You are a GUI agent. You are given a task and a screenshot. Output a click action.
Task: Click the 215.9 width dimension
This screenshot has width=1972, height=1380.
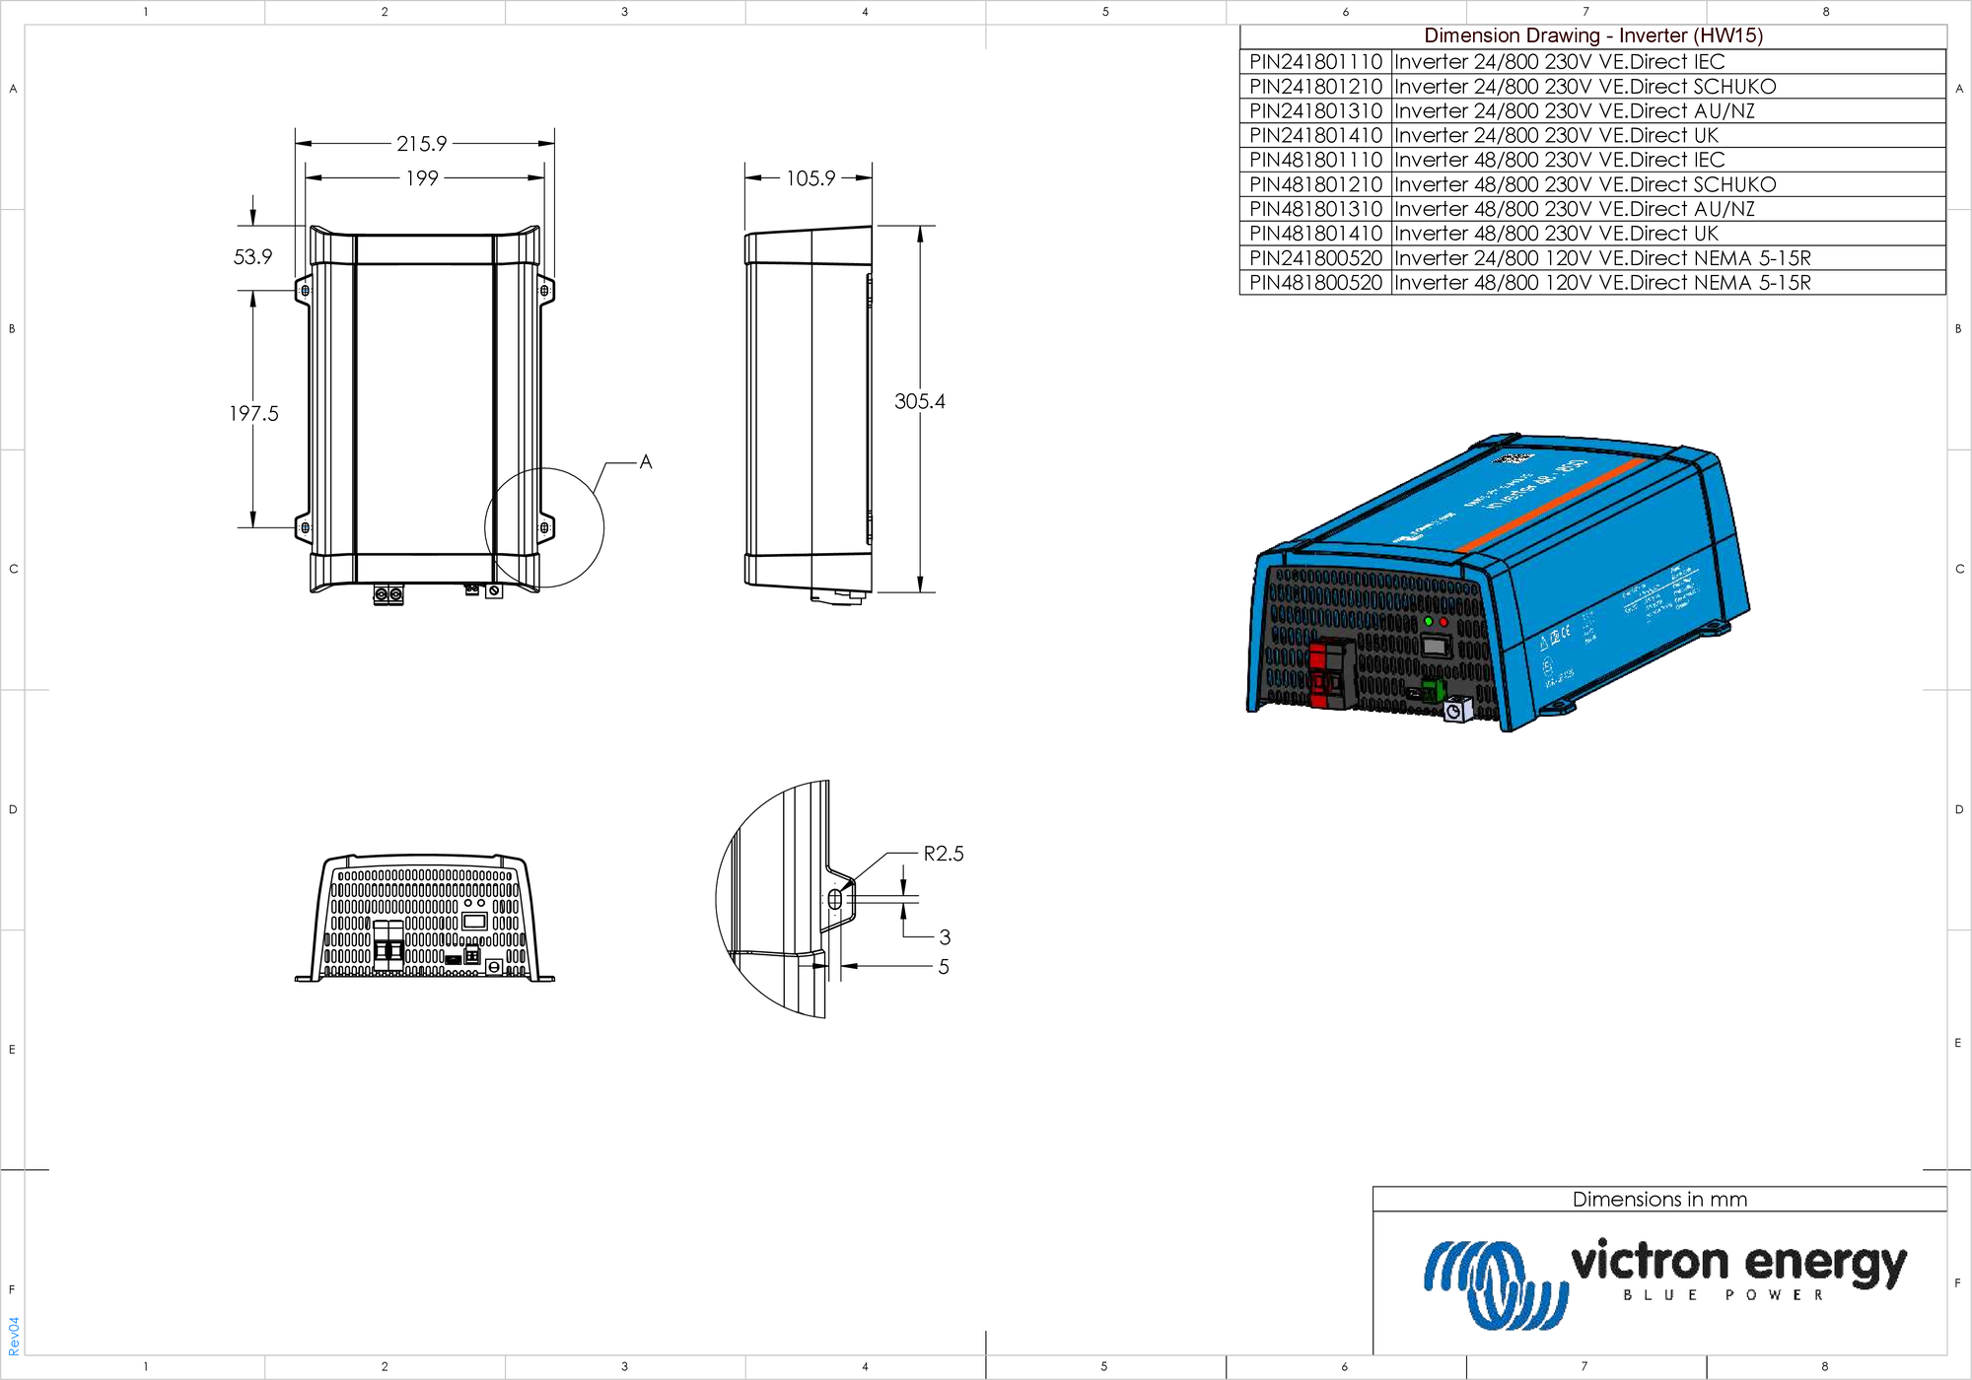tap(422, 144)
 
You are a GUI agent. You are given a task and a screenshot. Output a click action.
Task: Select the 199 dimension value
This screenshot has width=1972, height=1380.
tap(422, 178)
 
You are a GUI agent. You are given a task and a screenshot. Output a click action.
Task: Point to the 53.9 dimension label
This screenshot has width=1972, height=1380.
tap(252, 257)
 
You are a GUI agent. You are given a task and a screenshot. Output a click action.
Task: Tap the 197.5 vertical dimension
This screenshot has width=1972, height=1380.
tap(253, 414)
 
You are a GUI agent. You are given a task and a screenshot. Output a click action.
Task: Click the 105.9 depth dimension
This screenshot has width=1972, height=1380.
tap(810, 178)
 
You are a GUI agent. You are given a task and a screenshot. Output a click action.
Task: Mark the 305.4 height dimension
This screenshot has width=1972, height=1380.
tap(919, 401)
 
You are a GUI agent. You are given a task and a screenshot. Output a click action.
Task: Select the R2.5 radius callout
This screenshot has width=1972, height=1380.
tap(943, 854)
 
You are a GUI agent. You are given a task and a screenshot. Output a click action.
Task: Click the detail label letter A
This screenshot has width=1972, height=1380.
tap(646, 461)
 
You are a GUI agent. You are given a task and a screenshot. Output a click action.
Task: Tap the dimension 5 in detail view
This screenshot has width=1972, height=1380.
tap(944, 967)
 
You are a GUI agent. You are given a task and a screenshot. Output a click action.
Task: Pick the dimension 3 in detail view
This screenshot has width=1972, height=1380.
tap(945, 937)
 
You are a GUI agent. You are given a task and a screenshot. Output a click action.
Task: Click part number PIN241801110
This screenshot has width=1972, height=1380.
tap(1315, 62)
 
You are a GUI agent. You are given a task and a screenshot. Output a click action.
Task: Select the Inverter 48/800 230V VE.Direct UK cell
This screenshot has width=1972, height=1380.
tap(1556, 234)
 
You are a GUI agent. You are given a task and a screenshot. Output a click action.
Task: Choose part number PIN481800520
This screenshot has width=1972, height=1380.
tap(1315, 283)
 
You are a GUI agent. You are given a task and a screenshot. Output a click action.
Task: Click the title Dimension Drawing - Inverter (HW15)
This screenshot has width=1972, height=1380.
tap(1592, 35)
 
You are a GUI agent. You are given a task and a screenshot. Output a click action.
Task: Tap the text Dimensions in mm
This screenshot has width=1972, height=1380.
tap(1659, 1200)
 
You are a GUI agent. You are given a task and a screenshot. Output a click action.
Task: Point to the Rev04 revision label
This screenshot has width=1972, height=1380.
tap(14, 1336)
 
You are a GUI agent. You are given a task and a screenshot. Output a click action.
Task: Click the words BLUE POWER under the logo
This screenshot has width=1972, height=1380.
tap(1723, 1295)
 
